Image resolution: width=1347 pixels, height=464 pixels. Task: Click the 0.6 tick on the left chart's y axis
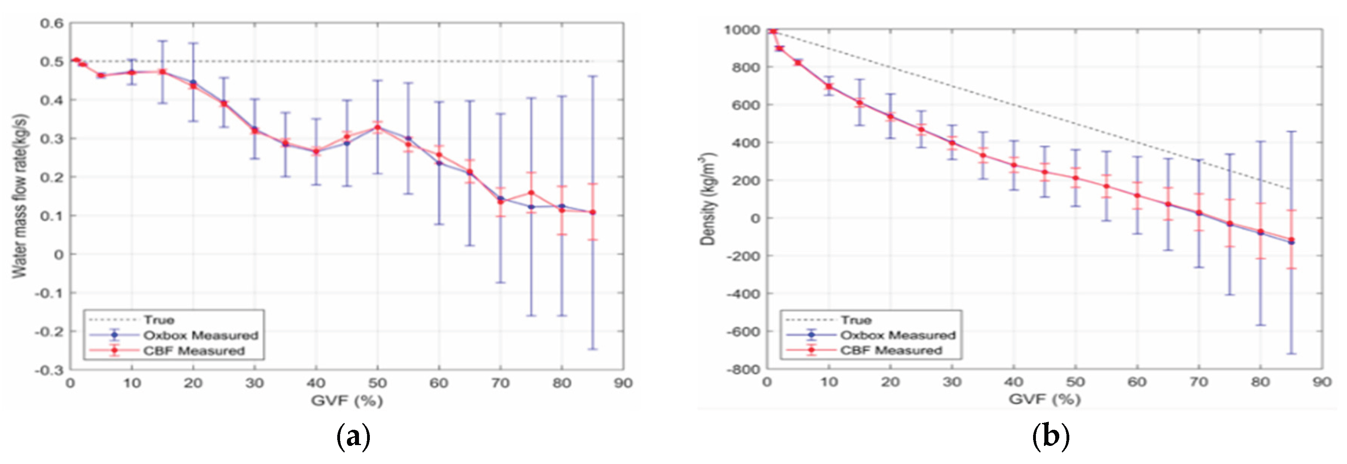pos(52,23)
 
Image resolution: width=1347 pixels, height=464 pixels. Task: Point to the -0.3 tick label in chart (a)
pos(49,370)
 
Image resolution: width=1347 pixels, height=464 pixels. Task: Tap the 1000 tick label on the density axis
pos(741,30)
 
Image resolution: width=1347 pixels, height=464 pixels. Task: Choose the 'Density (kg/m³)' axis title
pos(707,199)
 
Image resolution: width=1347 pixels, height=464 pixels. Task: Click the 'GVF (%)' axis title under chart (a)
pos(347,401)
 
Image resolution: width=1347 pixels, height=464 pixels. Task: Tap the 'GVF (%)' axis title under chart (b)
pos(1044,400)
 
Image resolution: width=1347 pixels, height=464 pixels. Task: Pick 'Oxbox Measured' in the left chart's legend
pos(201,335)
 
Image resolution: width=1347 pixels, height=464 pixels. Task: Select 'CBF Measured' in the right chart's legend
pos(891,351)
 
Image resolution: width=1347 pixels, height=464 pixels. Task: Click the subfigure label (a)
pos(353,436)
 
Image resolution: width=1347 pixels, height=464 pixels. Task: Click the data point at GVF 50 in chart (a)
pos(377,127)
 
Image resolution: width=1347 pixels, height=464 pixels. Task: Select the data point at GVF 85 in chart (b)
pos(1291,241)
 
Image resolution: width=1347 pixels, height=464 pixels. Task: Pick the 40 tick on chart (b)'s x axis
pos(1014,382)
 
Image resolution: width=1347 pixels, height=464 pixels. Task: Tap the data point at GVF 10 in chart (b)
pos(829,86)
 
